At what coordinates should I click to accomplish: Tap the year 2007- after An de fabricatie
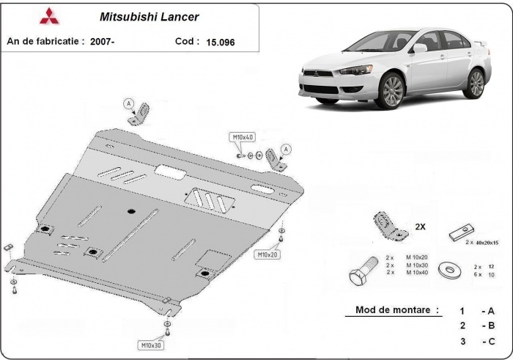102,43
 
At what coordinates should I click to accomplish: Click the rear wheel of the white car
474,83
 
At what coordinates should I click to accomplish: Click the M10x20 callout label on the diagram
267,254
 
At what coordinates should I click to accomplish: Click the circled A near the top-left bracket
130,103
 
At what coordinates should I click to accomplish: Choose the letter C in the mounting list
489,341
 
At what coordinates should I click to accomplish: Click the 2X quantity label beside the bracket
421,227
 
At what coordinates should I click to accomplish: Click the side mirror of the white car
419,48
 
